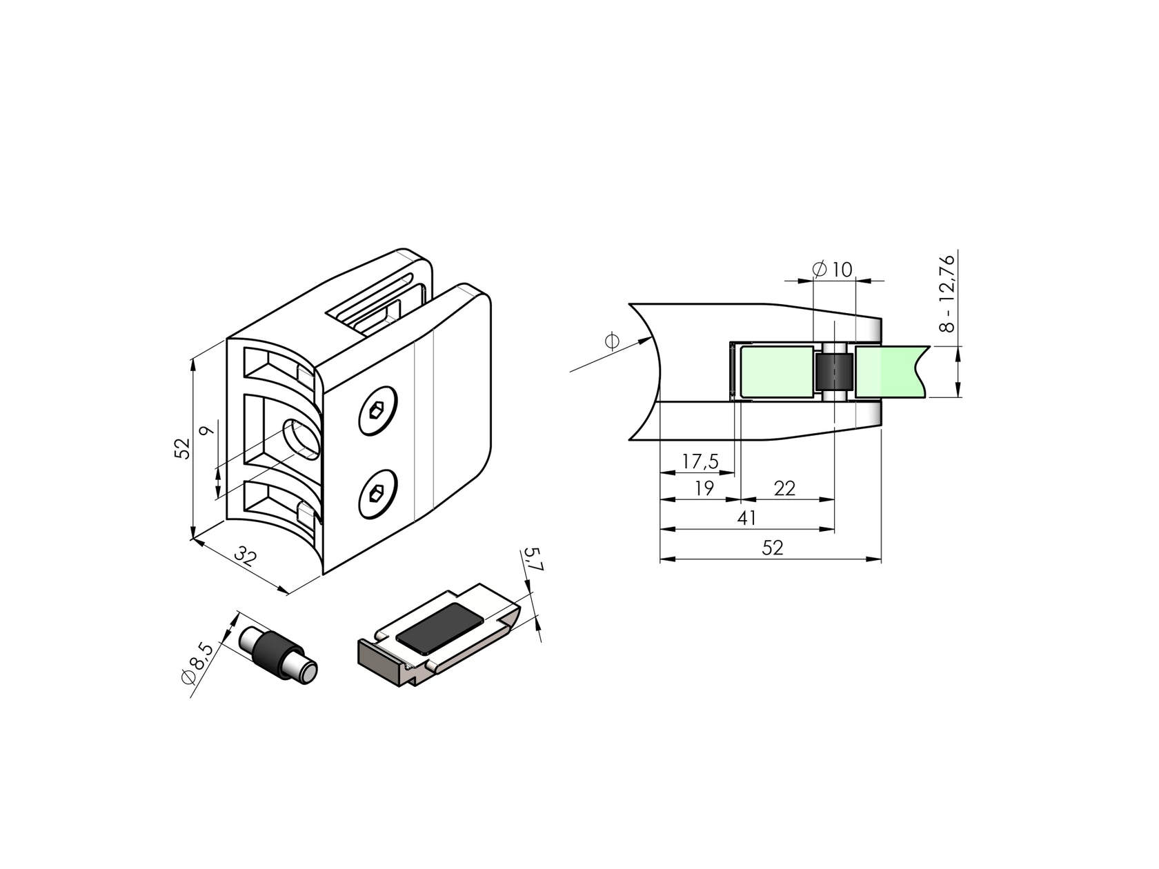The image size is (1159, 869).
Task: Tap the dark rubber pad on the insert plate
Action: click(x=442, y=627)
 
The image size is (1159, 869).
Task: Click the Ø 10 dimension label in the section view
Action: click(x=833, y=270)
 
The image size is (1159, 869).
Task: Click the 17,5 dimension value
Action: click(x=700, y=461)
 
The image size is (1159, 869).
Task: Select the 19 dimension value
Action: click(x=704, y=488)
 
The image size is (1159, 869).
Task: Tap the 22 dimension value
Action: click(x=784, y=488)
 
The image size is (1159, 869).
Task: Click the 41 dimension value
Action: click(x=747, y=518)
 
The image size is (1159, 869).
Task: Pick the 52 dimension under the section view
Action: click(x=773, y=548)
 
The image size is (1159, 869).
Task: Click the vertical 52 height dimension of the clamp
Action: click(x=181, y=448)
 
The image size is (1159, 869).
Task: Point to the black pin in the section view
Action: click(x=833, y=372)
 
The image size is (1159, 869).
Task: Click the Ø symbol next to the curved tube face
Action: click(x=611, y=341)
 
